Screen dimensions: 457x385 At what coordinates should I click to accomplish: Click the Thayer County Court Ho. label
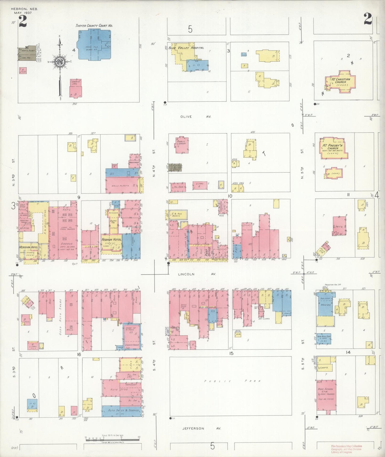pyautogui.click(x=94, y=26)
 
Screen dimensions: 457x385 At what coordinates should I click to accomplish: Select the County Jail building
pyautogui.click(x=76, y=88)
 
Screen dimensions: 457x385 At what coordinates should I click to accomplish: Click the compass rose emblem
pyautogui.click(x=60, y=62)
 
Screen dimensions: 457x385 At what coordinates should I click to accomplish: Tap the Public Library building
pyautogui.click(x=182, y=145)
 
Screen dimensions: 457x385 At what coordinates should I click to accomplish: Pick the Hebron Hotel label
pyautogui.click(x=111, y=240)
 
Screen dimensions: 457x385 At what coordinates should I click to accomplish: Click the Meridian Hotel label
pyautogui.click(x=29, y=247)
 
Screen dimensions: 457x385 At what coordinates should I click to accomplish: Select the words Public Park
pyautogui.click(x=229, y=381)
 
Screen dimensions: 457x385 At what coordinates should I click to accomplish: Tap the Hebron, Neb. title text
pyautogui.click(x=25, y=9)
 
